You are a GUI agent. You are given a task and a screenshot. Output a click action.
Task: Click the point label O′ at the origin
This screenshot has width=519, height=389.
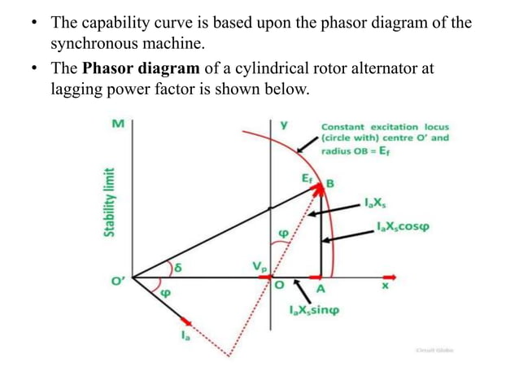click(x=119, y=283)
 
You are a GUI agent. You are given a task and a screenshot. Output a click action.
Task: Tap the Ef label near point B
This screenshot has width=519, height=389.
click(x=306, y=177)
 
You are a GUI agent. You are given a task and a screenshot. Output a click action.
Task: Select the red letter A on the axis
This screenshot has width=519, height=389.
click(x=321, y=290)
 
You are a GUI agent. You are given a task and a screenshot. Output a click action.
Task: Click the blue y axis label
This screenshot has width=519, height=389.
click(x=284, y=126)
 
